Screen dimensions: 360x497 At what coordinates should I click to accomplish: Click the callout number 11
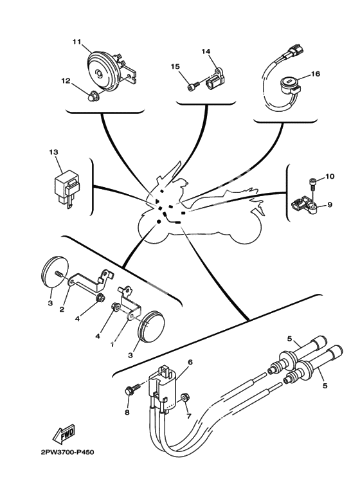tap(76, 42)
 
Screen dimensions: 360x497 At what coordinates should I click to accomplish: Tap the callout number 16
tap(316, 73)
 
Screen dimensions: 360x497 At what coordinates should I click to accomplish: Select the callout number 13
tap(53, 152)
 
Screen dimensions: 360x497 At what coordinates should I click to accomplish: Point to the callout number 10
tap(330, 176)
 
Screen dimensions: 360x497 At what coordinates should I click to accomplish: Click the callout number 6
tap(190, 361)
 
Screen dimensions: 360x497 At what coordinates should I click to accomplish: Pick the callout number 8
tap(127, 413)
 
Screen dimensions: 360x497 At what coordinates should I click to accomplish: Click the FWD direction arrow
tap(64, 434)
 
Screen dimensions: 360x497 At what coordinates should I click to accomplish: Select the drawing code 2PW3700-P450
tap(67, 452)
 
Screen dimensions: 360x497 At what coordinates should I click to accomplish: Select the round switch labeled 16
tap(290, 84)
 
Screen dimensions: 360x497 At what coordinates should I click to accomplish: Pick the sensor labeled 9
tap(303, 206)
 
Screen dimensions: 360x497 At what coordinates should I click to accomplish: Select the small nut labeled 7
tap(184, 398)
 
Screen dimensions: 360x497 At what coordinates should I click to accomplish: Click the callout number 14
tap(206, 51)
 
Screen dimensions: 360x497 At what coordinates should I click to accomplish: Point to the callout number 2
tap(62, 309)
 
